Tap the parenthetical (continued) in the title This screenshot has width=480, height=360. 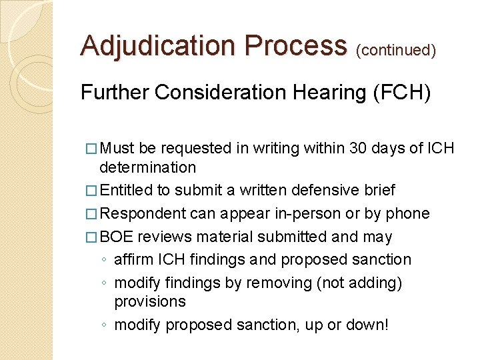coord(397,50)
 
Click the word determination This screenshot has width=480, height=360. coord(147,167)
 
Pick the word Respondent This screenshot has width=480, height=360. coord(144,214)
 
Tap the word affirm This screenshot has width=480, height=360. coord(134,259)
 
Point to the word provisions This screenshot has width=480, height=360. coord(150,301)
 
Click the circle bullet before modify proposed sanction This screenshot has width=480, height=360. coord(105,325)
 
